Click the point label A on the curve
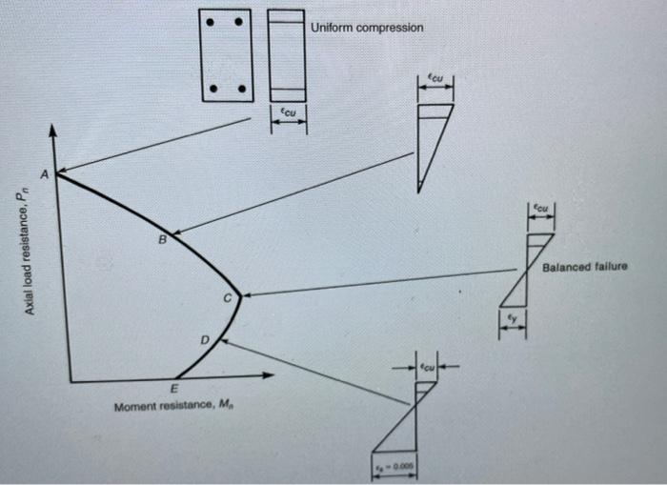click(43, 174)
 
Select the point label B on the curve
click(162, 240)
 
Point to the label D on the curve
click(203, 340)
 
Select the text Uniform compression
click(367, 28)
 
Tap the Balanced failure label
click(584, 267)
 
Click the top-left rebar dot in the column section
click(216, 22)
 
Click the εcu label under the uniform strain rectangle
click(286, 112)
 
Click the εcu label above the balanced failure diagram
click(539, 207)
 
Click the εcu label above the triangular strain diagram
click(435, 81)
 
